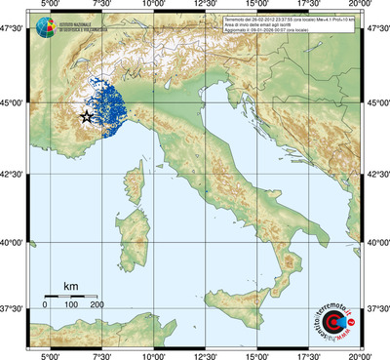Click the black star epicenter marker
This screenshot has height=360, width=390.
(x=86, y=117)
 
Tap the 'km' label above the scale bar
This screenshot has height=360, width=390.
(x=70, y=286)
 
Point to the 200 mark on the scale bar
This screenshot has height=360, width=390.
(x=97, y=305)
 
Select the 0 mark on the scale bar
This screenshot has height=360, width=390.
(x=45, y=305)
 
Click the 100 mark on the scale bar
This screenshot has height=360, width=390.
(x=71, y=305)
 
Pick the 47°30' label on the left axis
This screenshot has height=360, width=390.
(x=14, y=32)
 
